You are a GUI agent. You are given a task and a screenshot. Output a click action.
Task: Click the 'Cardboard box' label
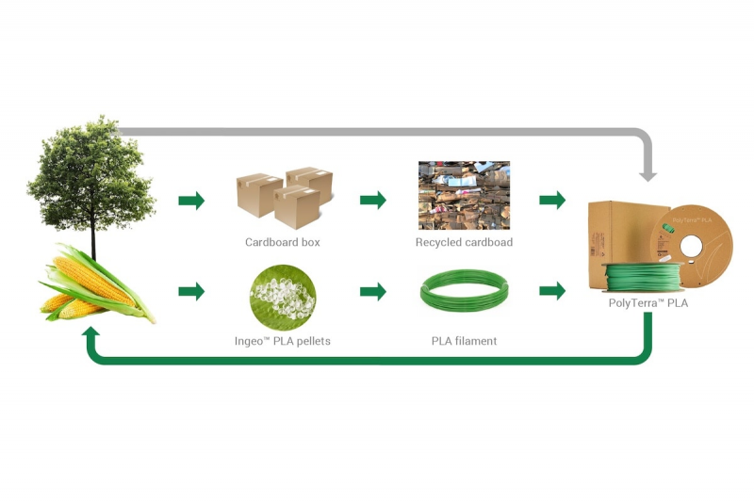(x=282, y=242)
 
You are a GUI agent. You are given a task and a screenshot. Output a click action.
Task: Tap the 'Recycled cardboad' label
(x=464, y=242)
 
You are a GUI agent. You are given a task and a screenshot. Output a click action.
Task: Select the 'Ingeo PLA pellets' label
(x=282, y=341)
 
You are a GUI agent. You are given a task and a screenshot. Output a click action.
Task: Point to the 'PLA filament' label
(x=464, y=341)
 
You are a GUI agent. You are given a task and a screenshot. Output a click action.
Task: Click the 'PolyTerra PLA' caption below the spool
(x=648, y=303)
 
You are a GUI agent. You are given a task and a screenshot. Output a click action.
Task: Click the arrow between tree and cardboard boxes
(x=191, y=201)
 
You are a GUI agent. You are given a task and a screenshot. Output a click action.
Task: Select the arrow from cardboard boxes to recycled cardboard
(x=373, y=200)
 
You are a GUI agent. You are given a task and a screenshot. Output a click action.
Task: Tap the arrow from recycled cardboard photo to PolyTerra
(x=552, y=200)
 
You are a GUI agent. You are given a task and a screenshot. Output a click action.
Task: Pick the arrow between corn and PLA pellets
(x=191, y=291)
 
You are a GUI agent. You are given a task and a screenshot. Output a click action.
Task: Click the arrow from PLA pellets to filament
(x=373, y=291)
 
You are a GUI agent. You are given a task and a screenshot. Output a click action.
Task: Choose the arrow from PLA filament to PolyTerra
(x=552, y=291)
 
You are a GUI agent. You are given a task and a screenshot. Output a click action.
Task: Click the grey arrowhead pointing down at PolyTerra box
(x=647, y=175)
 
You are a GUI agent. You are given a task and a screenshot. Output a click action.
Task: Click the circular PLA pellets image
(x=283, y=298)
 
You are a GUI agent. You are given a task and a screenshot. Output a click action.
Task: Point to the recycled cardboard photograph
(x=464, y=195)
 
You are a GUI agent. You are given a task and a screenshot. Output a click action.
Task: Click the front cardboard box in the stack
(x=297, y=207)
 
